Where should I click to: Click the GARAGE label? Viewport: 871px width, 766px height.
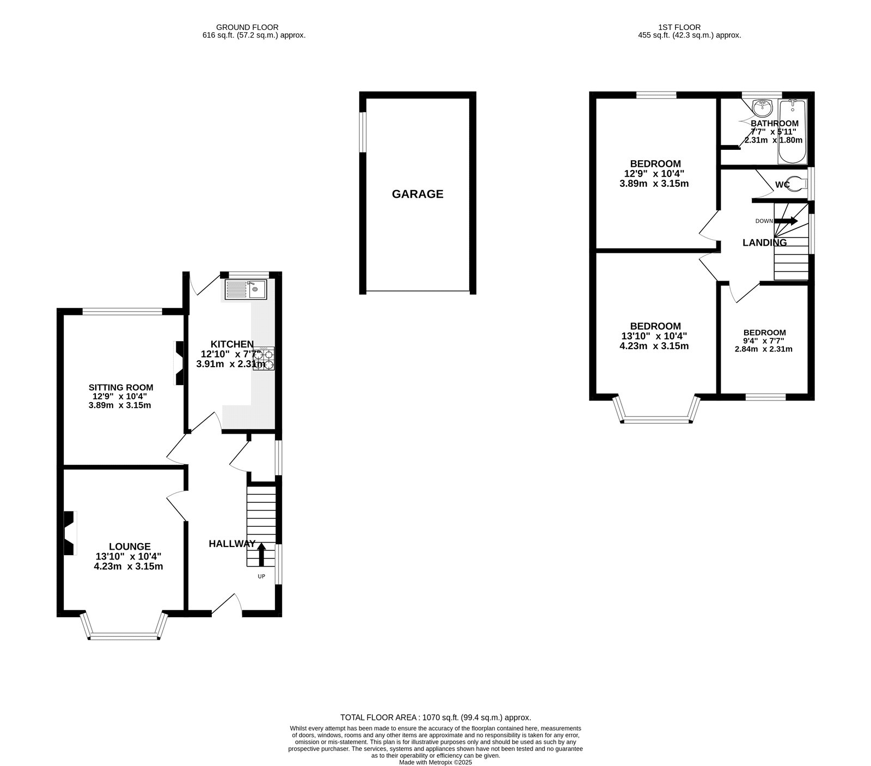click(x=418, y=194)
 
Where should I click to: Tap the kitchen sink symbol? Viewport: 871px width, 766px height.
click(x=244, y=290)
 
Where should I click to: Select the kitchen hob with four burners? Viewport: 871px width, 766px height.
click(x=263, y=358)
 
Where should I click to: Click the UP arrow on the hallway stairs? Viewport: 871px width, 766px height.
click(x=261, y=554)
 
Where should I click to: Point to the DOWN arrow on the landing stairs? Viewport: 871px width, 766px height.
click(x=786, y=221)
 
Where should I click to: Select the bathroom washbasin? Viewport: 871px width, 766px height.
click(x=760, y=107)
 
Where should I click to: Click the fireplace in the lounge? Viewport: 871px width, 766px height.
click(x=69, y=533)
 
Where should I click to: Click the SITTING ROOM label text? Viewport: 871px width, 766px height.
click(x=121, y=387)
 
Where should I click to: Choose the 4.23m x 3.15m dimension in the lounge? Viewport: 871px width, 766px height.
click(x=128, y=566)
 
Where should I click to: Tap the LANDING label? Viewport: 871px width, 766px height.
click(x=764, y=243)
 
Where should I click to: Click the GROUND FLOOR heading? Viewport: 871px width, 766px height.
click(x=247, y=27)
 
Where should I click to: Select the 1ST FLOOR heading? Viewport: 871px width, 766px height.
click(x=679, y=27)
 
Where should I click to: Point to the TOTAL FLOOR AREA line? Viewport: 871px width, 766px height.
click(x=435, y=718)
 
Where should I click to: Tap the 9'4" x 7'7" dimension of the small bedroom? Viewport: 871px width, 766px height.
click(x=764, y=341)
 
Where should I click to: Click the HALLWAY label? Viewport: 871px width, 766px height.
click(x=232, y=544)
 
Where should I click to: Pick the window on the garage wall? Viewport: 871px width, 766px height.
click(x=362, y=131)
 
